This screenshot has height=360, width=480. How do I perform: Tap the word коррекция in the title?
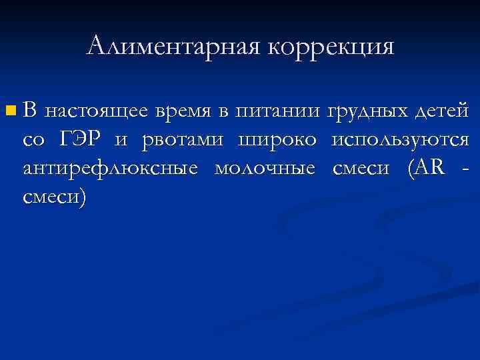pyautogui.click(x=331, y=46)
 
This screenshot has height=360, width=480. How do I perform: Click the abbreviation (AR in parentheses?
pyautogui.click(x=423, y=169)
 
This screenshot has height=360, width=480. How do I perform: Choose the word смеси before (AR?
pyautogui.click(x=360, y=169)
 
